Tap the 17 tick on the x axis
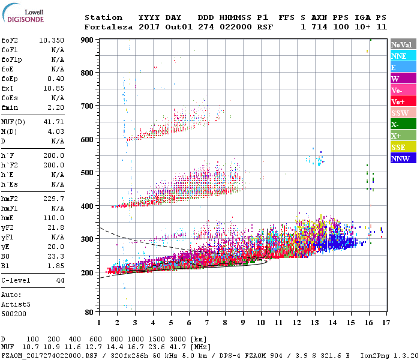pos(385,322)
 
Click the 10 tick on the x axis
pos(260,322)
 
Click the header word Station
pos(103,17)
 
